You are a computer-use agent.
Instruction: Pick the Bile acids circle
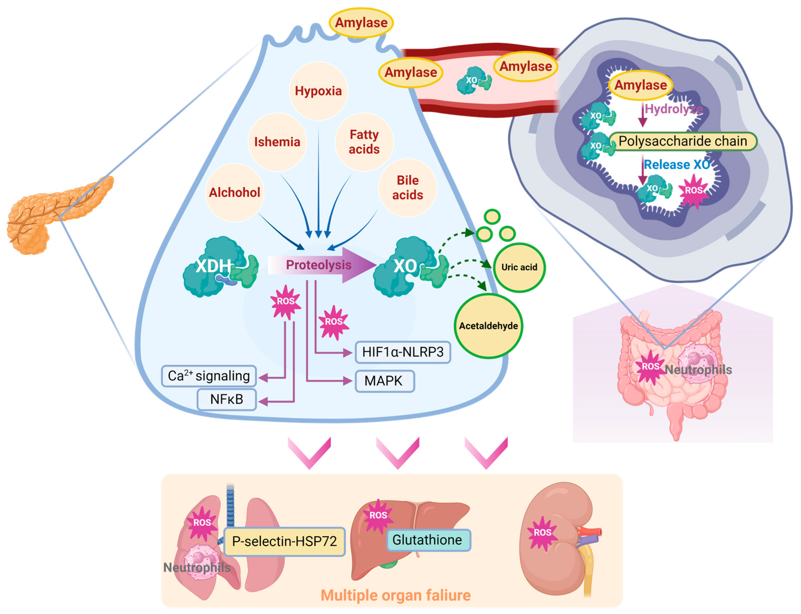pos(407,188)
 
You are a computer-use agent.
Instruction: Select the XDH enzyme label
pos(214,266)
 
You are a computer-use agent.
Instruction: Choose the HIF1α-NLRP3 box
pos(403,352)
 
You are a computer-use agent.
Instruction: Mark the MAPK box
pos(384,381)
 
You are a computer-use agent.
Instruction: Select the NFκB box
pos(227,399)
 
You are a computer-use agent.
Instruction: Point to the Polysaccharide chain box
pos(682,141)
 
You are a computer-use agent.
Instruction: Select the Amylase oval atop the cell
pos(361,23)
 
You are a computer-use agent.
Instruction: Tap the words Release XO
pos(676,165)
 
